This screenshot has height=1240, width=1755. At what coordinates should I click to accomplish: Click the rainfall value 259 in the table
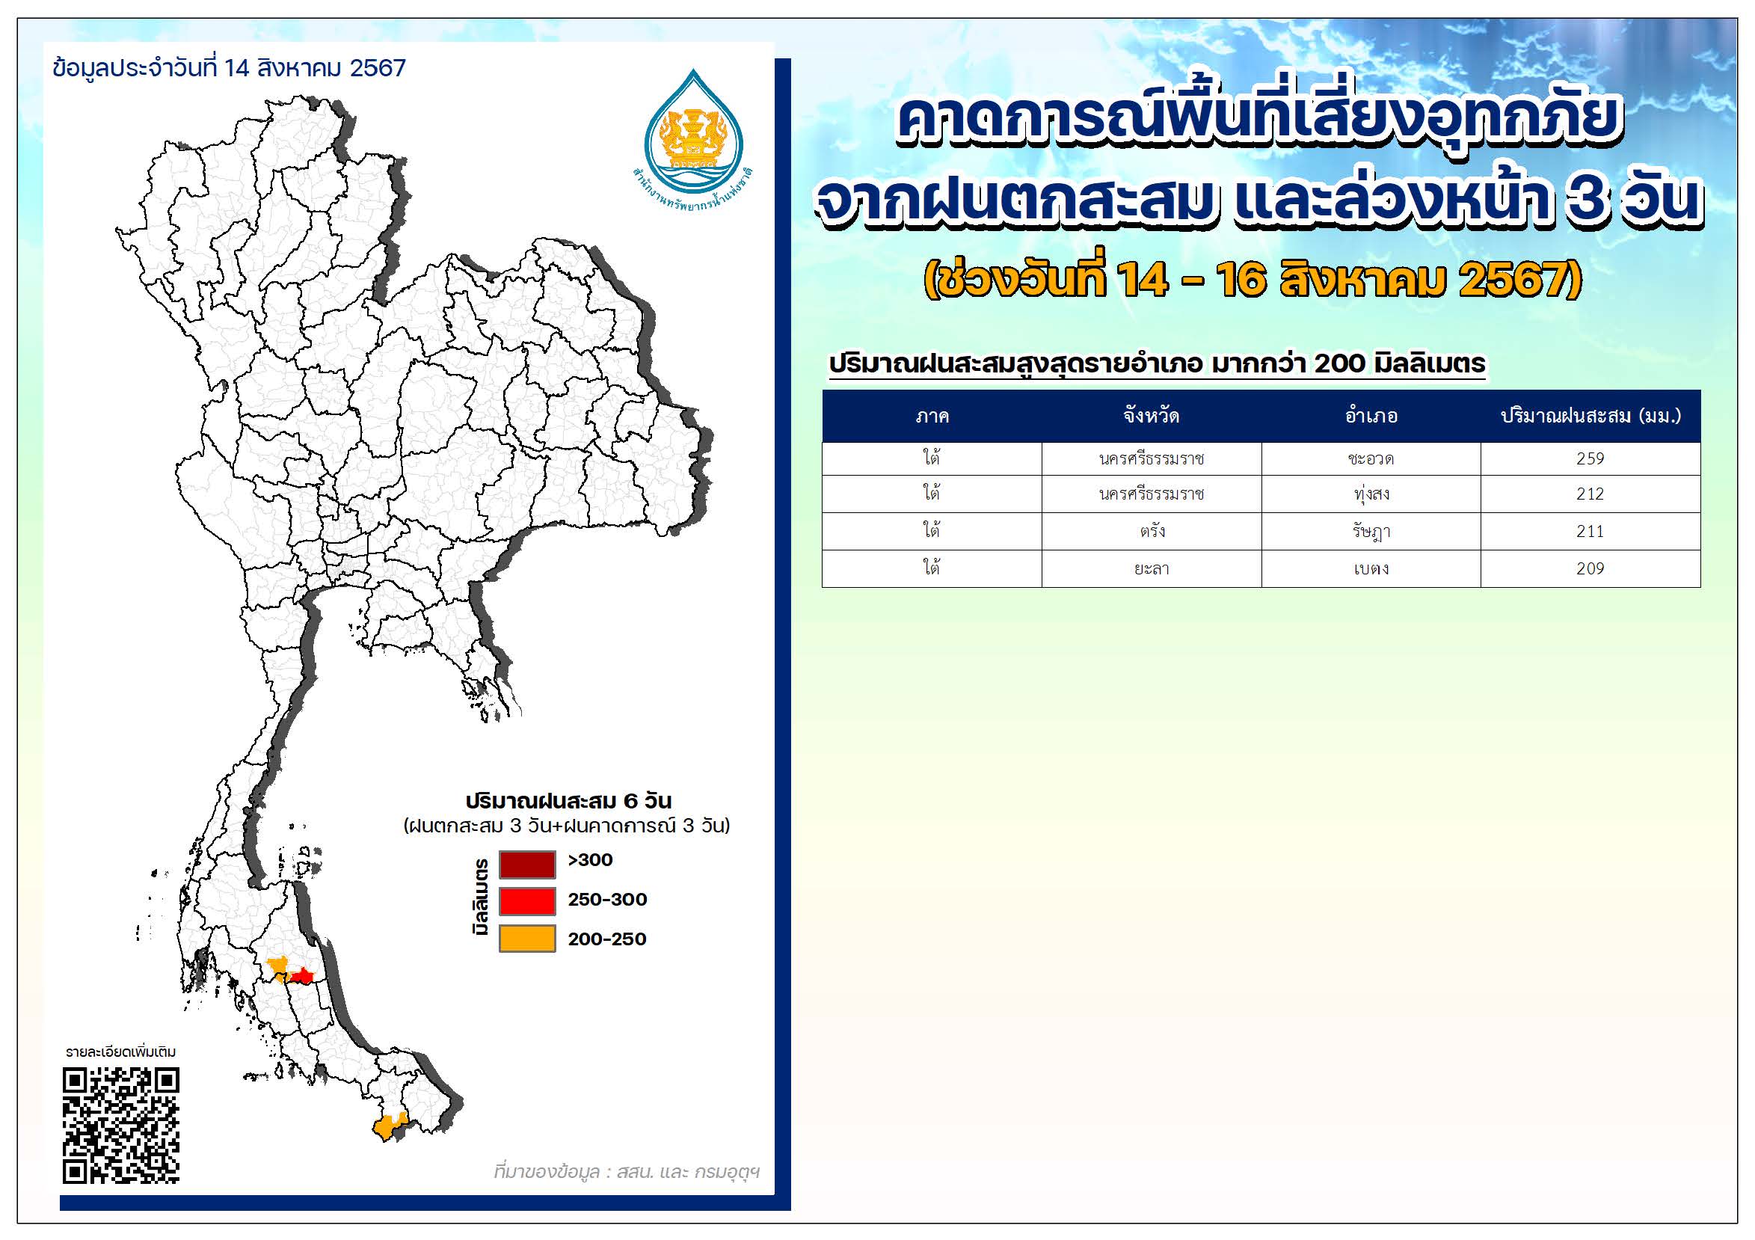[x=1590, y=458]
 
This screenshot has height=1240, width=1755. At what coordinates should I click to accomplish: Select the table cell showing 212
[x=1590, y=494]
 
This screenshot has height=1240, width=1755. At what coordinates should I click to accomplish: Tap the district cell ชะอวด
[x=1371, y=458]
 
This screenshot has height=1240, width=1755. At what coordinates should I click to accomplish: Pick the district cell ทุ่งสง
[x=1371, y=494]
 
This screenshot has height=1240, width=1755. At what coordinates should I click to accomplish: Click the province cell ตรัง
[x=1152, y=530]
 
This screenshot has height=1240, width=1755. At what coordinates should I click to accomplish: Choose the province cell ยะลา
[x=1152, y=568]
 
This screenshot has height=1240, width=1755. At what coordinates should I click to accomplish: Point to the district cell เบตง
[x=1371, y=568]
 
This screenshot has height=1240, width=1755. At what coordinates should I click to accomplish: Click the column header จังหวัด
[x=1151, y=416]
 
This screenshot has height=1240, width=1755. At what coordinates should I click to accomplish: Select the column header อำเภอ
[x=1371, y=416]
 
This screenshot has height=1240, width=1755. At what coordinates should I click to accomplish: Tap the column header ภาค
[x=932, y=417]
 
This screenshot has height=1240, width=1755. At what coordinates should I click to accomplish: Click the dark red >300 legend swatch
[x=526, y=865]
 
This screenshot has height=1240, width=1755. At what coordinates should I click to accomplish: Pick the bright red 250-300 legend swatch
[x=526, y=901]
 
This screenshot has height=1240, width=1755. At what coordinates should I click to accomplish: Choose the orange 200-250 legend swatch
[x=526, y=939]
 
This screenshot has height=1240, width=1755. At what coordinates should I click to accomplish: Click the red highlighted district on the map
[x=303, y=976]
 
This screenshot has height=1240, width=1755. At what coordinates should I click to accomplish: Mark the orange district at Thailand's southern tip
[x=389, y=1127]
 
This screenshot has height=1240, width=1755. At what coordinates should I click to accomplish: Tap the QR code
[x=121, y=1126]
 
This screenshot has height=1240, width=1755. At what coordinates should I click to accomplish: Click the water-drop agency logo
[x=693, y=138]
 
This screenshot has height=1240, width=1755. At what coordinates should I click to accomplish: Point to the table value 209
[x=1590, y=568]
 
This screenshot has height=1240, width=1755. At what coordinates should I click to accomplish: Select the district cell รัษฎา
[x=1371, y=531]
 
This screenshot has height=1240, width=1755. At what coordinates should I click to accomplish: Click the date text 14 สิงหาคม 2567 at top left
[x=315, y=68]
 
